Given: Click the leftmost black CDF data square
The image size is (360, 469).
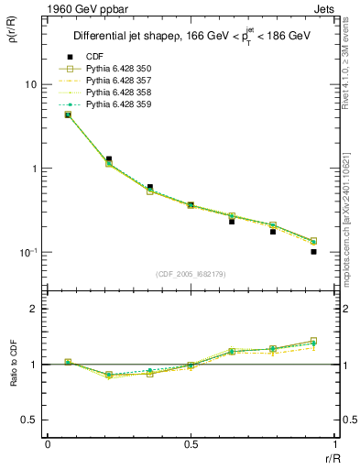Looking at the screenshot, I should tap(68, 115).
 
